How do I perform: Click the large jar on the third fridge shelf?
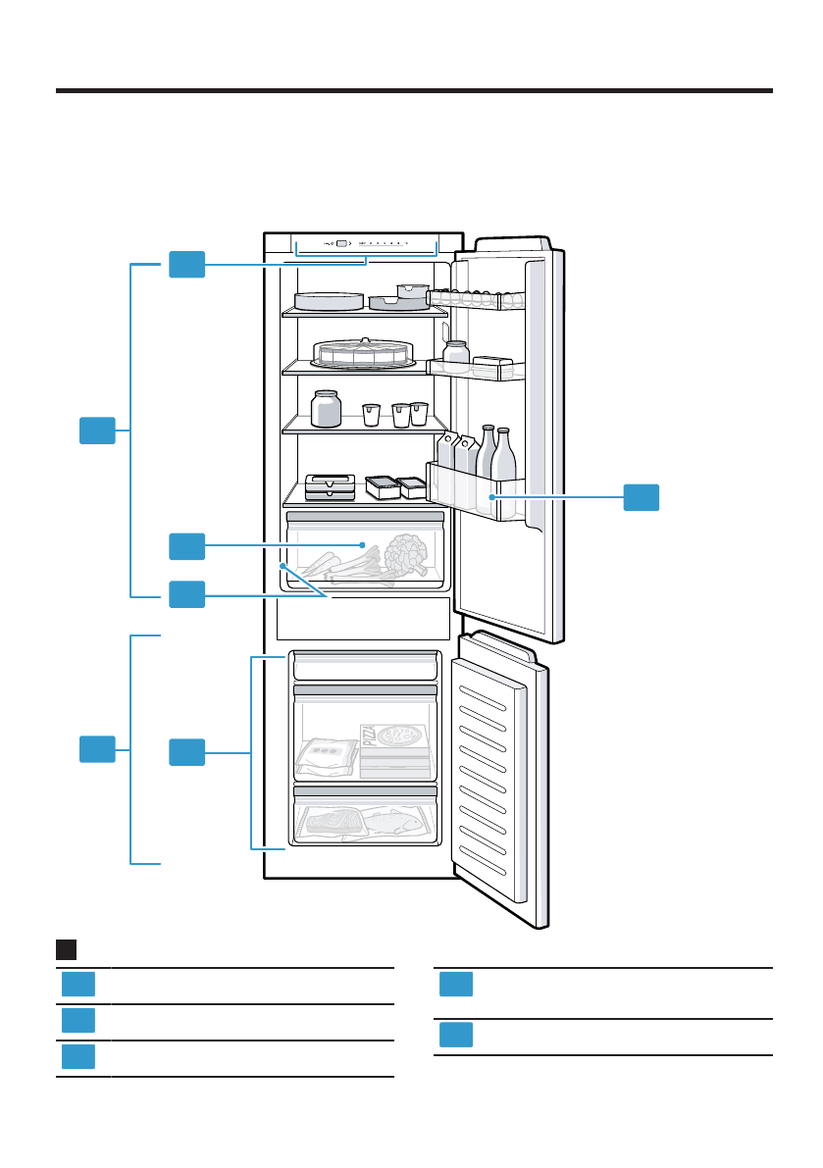click(x=326, y=408)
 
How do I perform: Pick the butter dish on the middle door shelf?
click(x=497, y=366)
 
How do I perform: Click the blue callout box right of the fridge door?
click(x=642, y=497)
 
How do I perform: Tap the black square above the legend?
click(x=67, y=949)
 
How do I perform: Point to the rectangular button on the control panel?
click(x=340, y=243)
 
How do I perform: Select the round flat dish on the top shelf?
click(x=329, y=301)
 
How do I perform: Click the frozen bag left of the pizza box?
click(x=327, y=755)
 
